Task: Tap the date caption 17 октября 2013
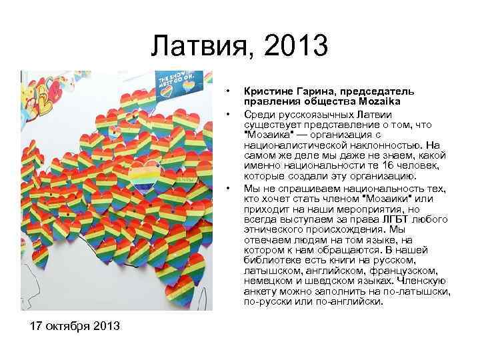pos(75,326)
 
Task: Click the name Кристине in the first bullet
pos(268,90)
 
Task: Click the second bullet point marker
pos(228,111)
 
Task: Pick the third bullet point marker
pos(228,189)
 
